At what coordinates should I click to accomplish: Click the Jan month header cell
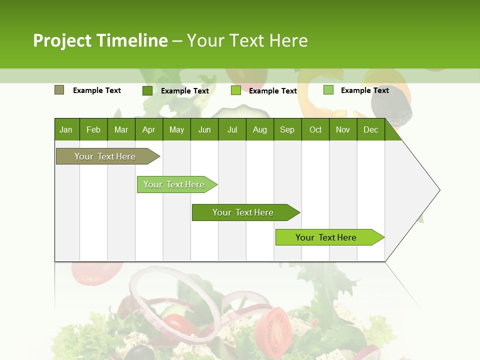point(66,129)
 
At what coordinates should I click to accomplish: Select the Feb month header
point(93,129)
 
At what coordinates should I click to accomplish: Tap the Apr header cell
point(148,129)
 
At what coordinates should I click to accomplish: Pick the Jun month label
point(204,129)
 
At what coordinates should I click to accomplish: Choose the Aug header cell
point(259,129)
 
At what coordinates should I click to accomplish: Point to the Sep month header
point(287,129)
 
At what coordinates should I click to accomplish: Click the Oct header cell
point(315,129)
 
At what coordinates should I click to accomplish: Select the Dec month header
point(370,129)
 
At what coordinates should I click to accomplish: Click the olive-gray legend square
point(59,90)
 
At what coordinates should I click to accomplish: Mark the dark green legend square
point(147,90)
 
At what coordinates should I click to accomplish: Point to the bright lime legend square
point(236,90)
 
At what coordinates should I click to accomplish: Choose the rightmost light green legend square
point(328,90)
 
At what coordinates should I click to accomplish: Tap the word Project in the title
point(61,40)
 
